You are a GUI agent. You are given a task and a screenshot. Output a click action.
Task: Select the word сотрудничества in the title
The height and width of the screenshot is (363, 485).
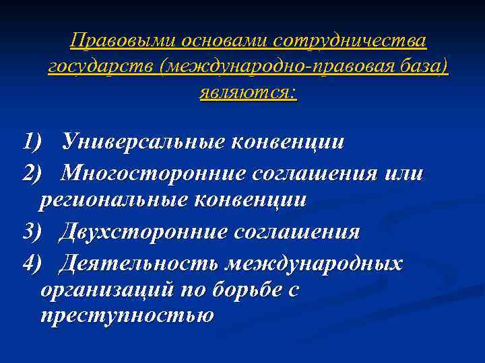point(350,41)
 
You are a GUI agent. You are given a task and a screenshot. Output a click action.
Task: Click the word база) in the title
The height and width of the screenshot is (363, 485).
point(424,67)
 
